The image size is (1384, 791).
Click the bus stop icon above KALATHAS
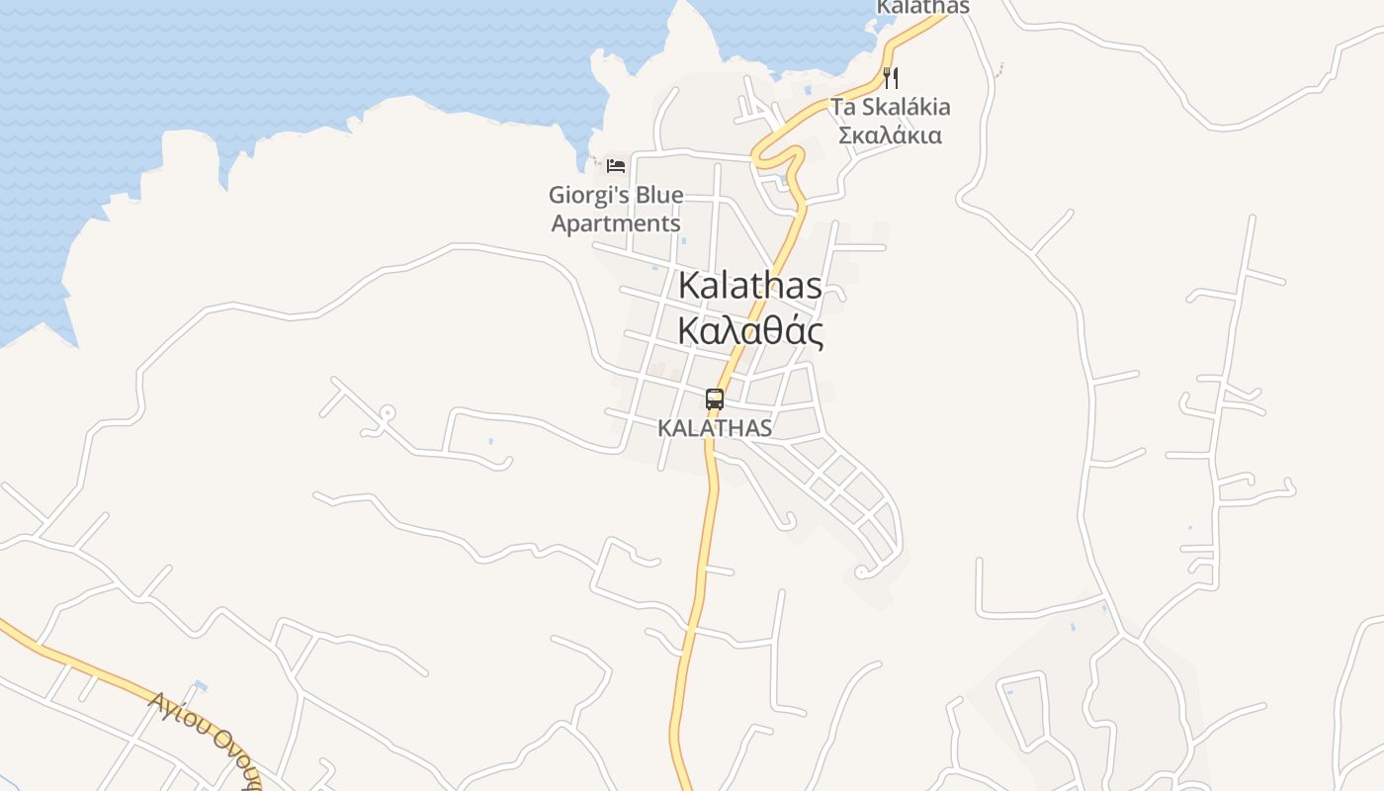click(x=714, y=399)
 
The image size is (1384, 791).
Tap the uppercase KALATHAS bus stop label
click(x=714, y=428)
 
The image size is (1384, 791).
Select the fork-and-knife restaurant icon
click(x=891, y=77)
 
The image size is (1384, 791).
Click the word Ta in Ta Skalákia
click(x=842, y=107)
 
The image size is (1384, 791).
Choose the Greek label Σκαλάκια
click(x=890, y=134)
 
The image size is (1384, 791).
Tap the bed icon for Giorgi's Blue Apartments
click(x=616, y=165)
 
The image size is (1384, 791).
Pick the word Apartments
click(x=615, y=223)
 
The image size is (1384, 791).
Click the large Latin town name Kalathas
click(x=749, y=286)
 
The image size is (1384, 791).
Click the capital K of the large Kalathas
click(x=689, y=286)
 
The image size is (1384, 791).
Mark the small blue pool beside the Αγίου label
click(x=201, y=685)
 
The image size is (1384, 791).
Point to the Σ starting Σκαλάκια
click(x=846, y=134)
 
